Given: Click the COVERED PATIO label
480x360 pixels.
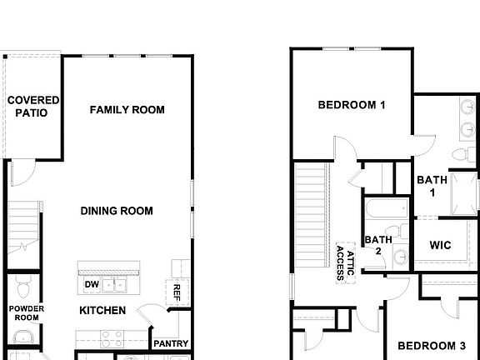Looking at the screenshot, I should coord(33,106).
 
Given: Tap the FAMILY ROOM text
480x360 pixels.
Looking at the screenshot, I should coord(127,109).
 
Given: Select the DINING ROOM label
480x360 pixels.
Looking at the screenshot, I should coord(117,211).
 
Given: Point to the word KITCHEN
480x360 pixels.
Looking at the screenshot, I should coord(102,311).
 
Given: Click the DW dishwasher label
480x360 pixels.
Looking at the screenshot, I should coord(92,285).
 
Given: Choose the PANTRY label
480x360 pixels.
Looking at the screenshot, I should coord(171,343).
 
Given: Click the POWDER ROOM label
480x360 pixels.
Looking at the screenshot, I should coord(27,312).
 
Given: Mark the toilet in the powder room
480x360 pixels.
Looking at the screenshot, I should coord(22,288).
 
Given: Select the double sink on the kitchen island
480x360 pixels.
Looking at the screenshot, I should coord(116,285).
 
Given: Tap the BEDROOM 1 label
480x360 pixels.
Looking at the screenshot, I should coord(352,105).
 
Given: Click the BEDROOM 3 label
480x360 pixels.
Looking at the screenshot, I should coord(431,345).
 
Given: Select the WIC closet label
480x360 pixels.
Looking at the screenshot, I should coord(441,245).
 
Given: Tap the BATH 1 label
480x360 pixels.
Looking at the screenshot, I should coord(432,185).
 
